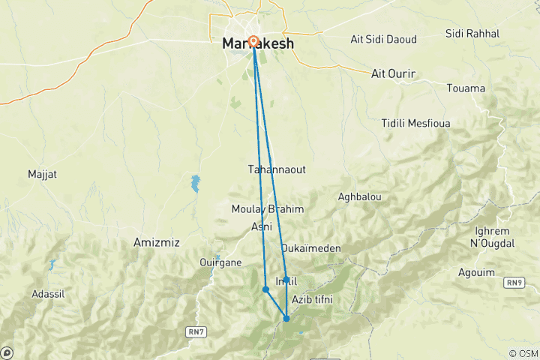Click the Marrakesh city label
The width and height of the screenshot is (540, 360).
258,44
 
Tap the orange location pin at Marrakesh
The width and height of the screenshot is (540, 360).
253,43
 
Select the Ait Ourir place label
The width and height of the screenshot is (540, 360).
394,73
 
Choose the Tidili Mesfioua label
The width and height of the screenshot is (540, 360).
418,122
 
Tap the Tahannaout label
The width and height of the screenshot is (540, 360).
277,169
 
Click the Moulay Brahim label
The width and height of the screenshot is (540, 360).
268,209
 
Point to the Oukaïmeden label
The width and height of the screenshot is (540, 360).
310,247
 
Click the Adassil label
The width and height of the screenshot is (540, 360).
49,294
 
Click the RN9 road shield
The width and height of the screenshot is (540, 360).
514,282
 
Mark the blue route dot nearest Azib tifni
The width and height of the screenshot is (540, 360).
286,319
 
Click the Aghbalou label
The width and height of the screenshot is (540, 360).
360,196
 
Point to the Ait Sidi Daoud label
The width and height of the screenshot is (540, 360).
384,39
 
